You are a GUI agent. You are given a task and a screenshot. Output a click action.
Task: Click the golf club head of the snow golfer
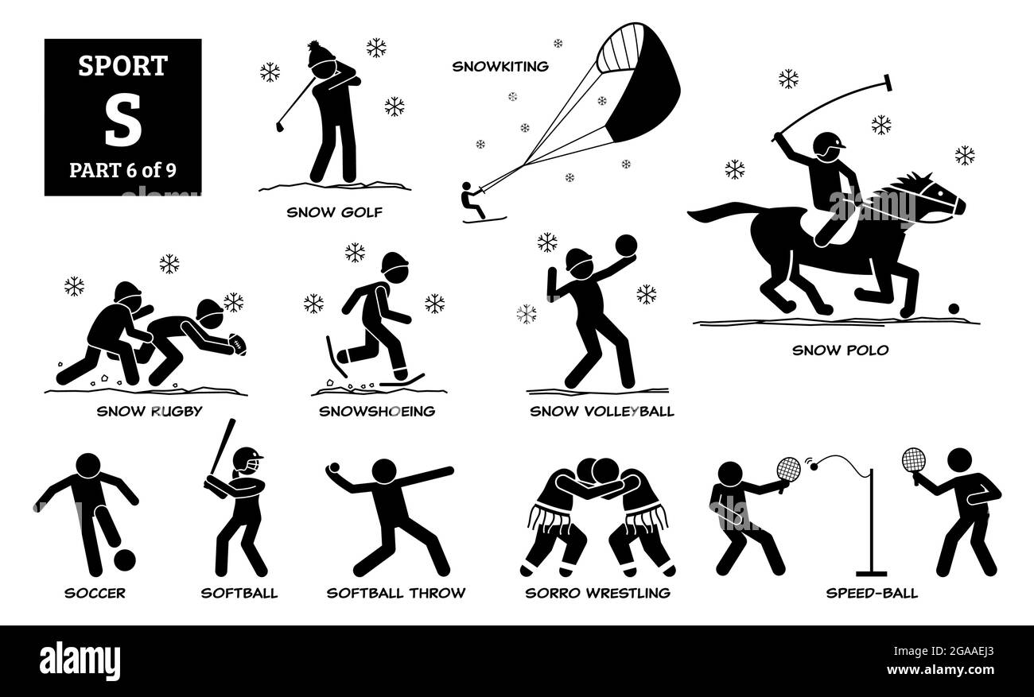point(280,126)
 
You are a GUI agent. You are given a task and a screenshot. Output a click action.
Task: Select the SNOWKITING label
point(500,67)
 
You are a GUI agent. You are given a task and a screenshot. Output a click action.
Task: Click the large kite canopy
point(636,83)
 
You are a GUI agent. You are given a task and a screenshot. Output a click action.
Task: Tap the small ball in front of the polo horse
point(954,308)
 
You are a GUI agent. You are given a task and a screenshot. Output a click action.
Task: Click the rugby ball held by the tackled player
point(238,343)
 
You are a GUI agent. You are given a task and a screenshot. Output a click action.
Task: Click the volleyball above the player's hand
point(627,243)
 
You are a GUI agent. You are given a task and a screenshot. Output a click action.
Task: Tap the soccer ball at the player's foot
point(125,560)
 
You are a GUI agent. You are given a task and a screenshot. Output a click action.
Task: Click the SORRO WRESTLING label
point(597,592)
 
